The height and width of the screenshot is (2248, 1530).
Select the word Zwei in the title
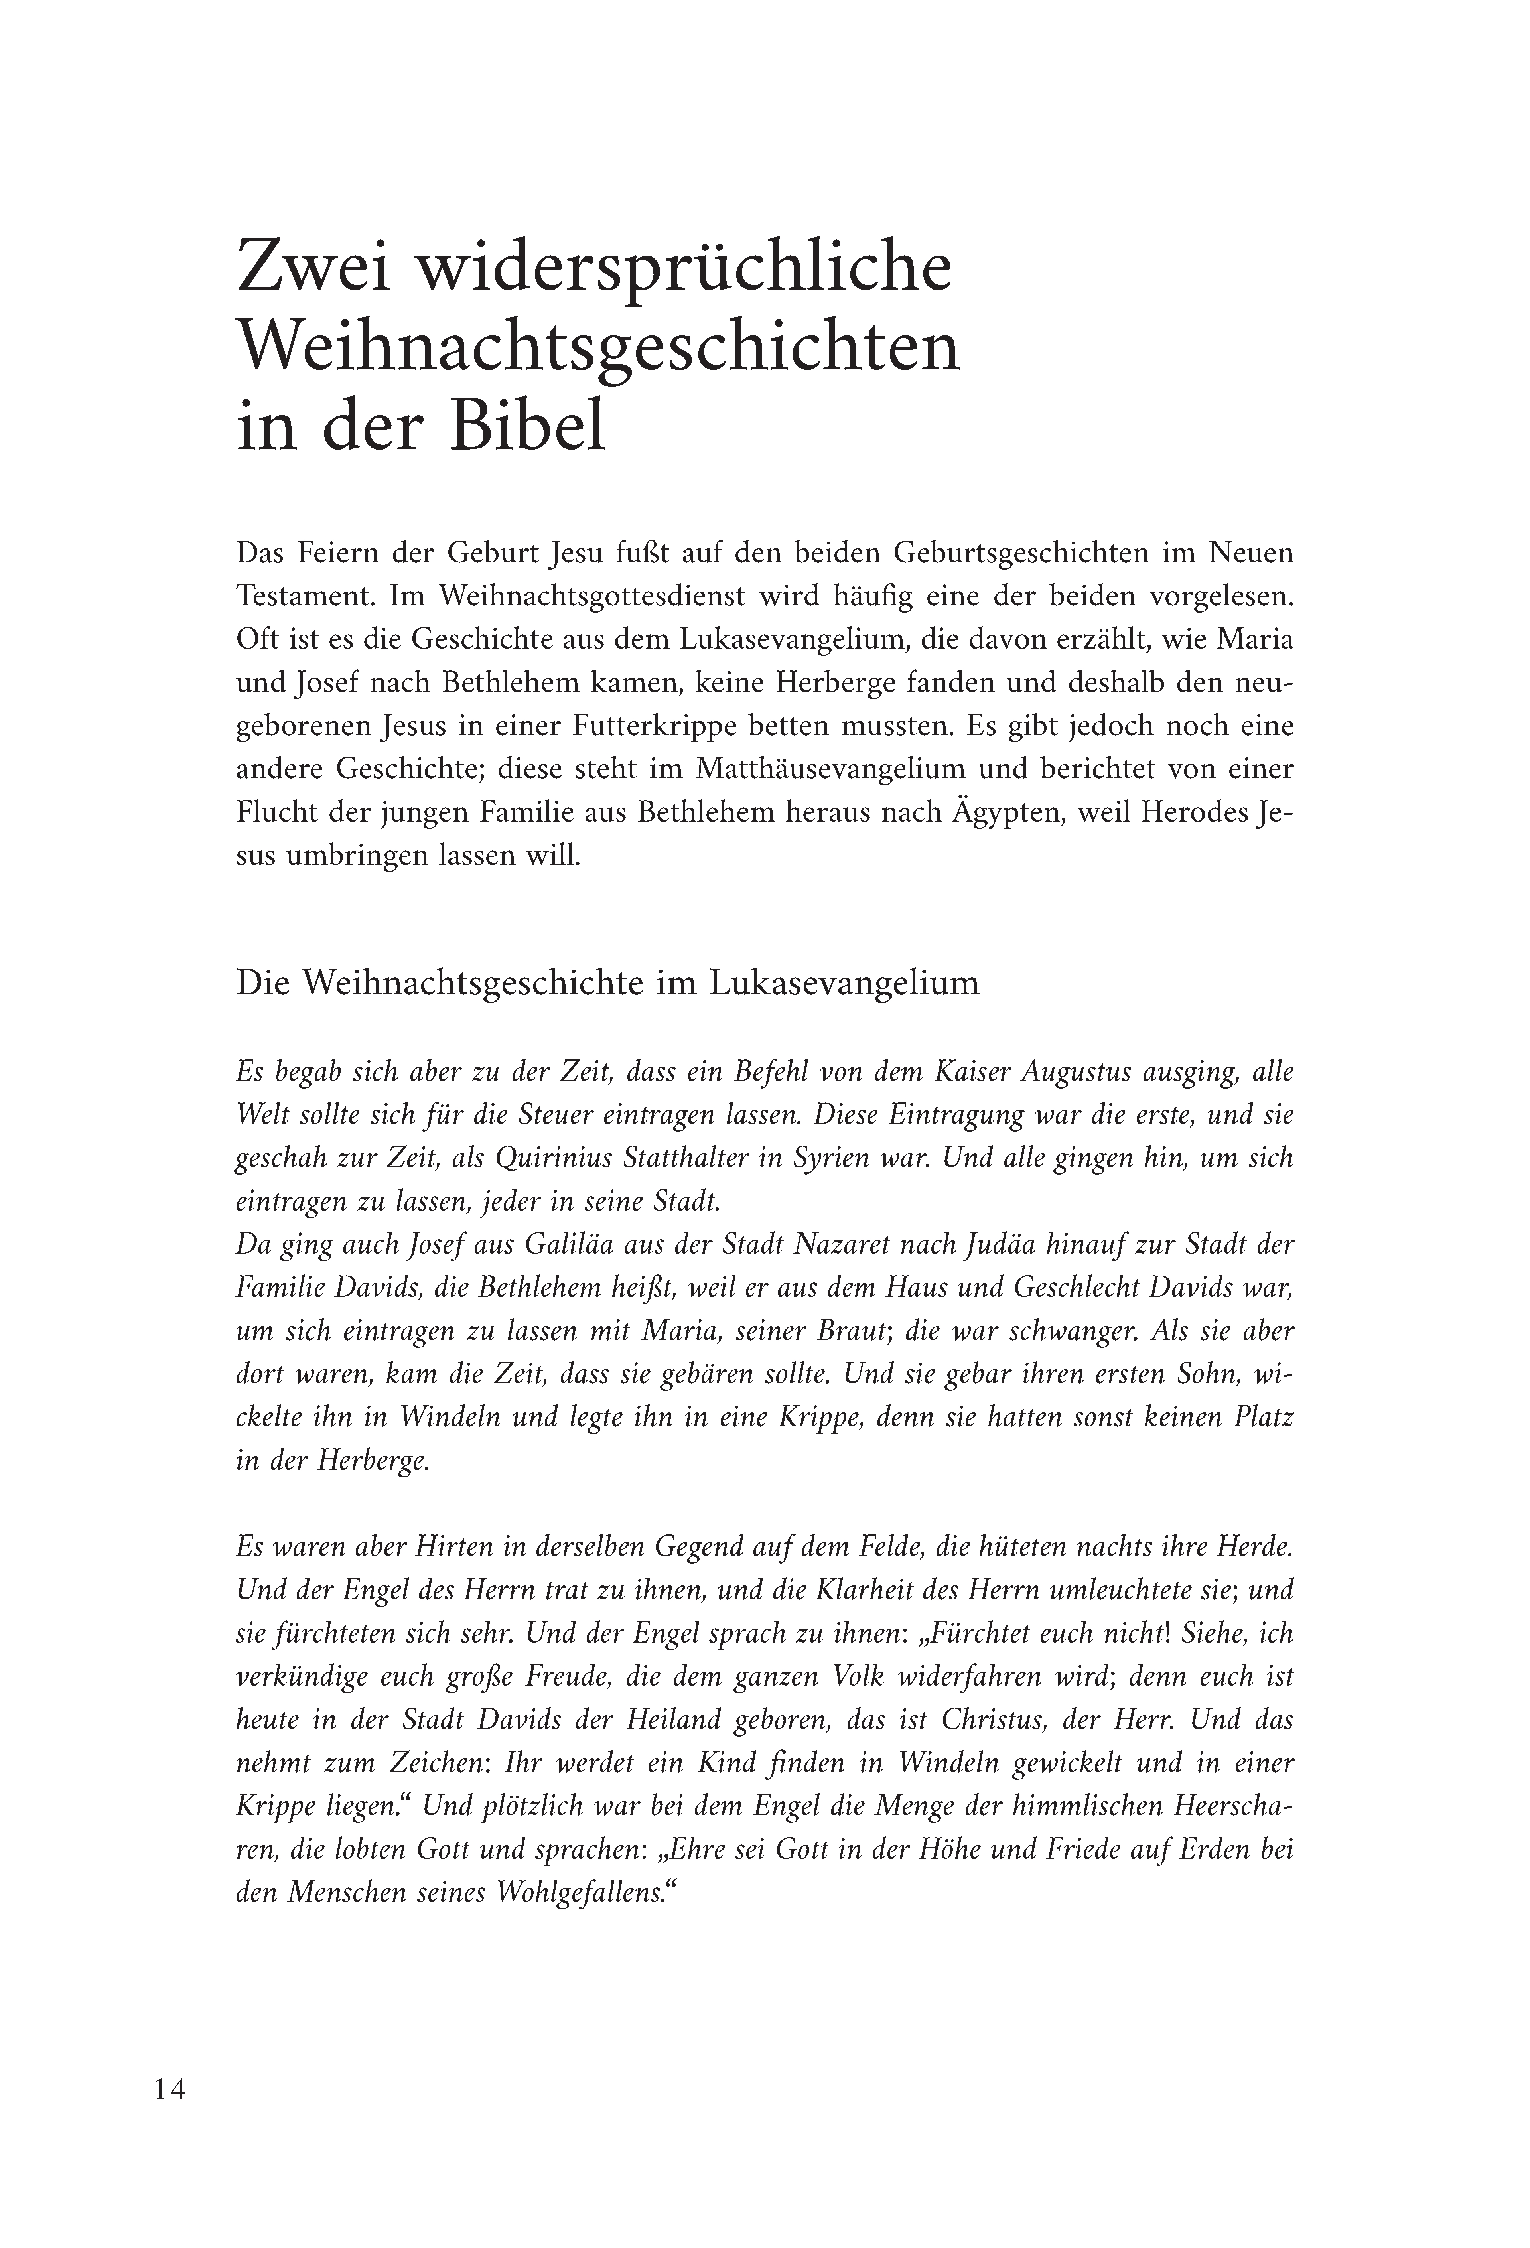pyautogui.click(x=312, y=271)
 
